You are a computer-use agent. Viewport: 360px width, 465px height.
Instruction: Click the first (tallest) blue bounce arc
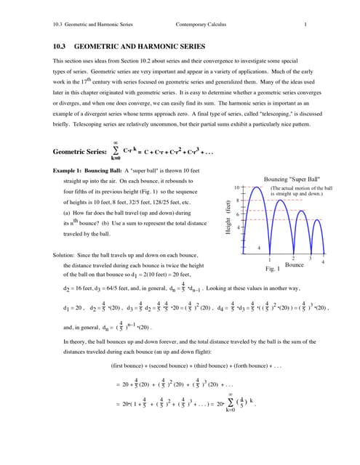[253, 218]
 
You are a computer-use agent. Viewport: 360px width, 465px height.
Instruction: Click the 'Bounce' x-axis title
[294, 266]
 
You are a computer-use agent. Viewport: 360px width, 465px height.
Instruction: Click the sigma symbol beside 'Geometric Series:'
[115, 151]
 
